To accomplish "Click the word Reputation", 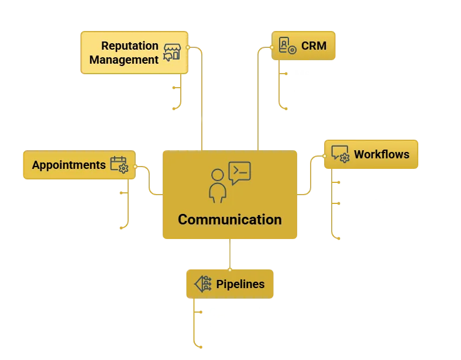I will click(130, 46).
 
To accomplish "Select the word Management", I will click(124, 60).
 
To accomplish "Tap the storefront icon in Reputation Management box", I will click(171, 52).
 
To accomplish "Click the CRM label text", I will click(314, 46).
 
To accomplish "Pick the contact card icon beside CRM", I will click(287, 46).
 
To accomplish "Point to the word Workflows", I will click(381, 155).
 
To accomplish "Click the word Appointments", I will click(68, 165).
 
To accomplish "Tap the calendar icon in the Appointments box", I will click(119, 164).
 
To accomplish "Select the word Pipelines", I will click(240, 284).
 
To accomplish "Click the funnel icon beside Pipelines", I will click(202, 283).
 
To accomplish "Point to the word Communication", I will click(229, 220).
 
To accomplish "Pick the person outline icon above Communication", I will click(218, 185).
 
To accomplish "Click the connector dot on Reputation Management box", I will click(188, 47).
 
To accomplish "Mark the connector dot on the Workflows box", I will click(325, 156).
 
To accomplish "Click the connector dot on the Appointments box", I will click(135, 166).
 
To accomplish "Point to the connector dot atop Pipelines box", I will click(232, 269).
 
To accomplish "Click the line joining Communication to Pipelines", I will click(232, 254).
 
